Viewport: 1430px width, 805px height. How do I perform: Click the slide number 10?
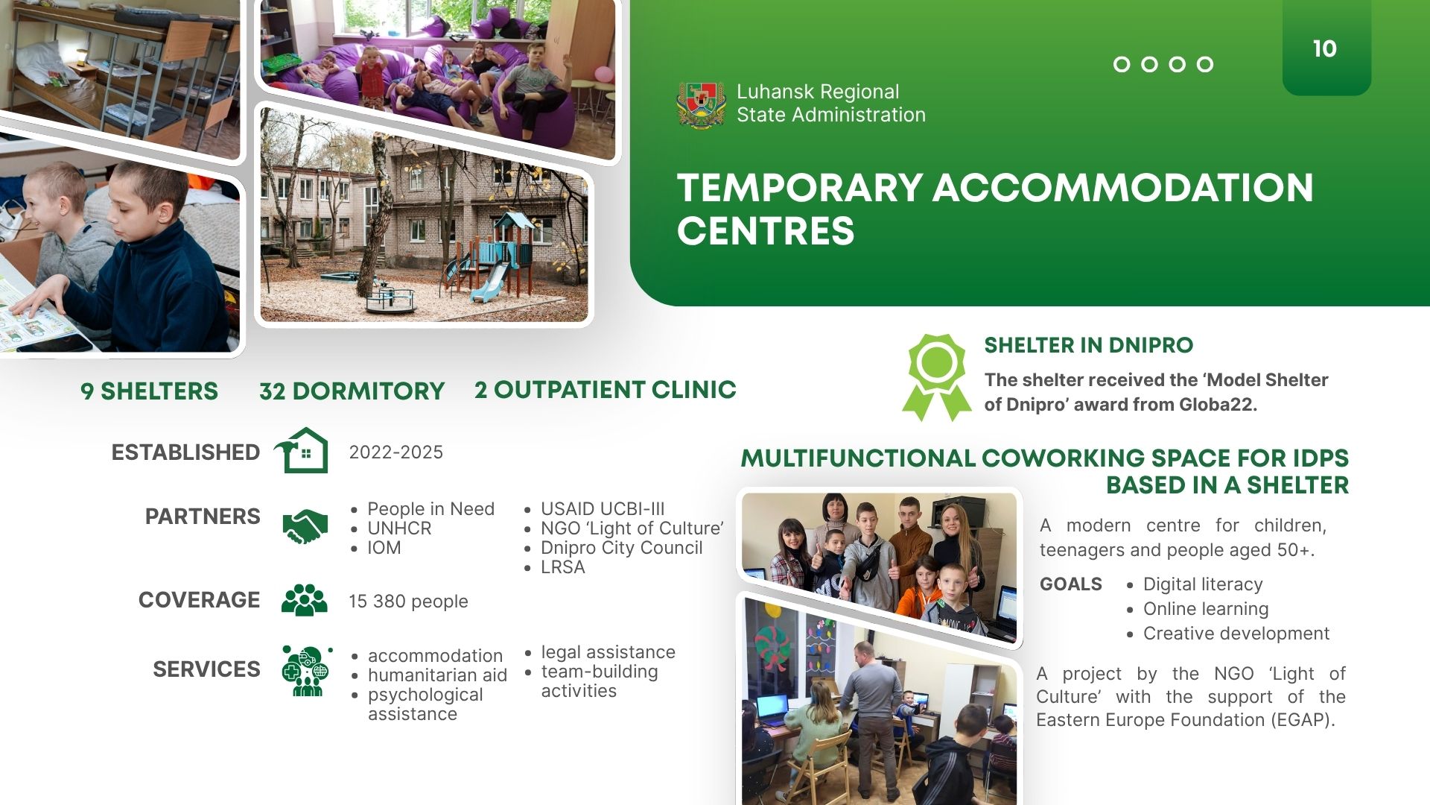(1324, 49)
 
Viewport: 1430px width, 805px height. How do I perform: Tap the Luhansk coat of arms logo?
(700, 104)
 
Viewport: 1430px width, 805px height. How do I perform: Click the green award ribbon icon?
(937, 377)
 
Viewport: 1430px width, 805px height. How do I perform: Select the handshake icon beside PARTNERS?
(305, 526)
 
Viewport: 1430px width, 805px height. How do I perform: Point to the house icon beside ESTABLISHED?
(302, 450)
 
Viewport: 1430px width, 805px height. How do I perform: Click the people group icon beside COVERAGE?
(304, 599)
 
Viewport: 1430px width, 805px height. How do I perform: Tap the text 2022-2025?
(395, 452)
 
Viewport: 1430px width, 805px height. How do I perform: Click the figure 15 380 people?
(408, 602)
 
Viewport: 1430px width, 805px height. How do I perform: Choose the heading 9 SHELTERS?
(149, 391)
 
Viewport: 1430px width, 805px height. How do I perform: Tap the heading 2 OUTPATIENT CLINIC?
(605, 390)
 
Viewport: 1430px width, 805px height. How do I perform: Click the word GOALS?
(1070, 584)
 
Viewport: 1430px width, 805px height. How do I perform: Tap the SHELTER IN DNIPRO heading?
(1088, 345)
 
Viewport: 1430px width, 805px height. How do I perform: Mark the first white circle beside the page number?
(1122, 65)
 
